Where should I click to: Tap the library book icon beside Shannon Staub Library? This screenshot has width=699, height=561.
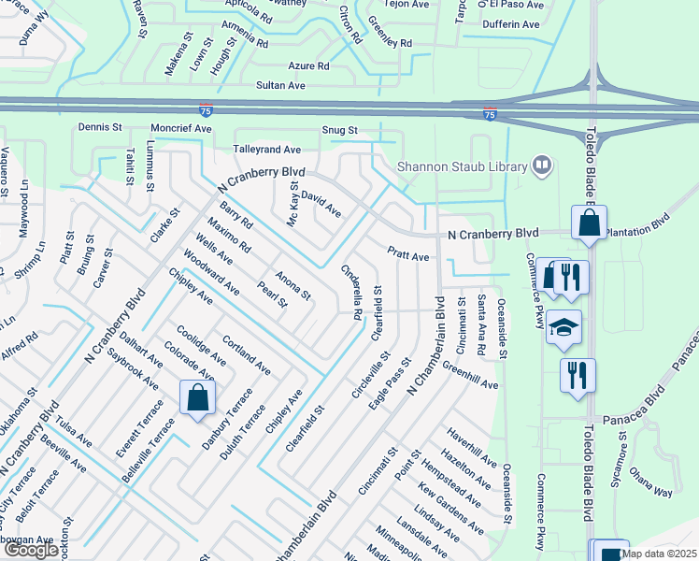pyautogui.click(x=542, y=165)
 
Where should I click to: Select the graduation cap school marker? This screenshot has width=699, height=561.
pyautogui.click(x=563, y=328)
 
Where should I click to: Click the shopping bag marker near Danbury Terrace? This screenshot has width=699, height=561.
pyautogui.click(x=199, y=398)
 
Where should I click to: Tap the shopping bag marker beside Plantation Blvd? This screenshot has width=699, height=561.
pyautogui.click(x=589, y=224)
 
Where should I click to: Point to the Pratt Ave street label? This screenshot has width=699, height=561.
pyautogui.click(x=408, y=255)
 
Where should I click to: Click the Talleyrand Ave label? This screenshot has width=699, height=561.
pyautogui.click(x=267, y=149)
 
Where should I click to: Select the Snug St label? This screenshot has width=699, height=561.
pyautogui.click(x=339, y=130)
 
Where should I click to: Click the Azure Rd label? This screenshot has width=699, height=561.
pyautogui.click(x=308, y=66)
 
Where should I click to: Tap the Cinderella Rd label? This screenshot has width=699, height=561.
pyautogui.click(x=351, y=291)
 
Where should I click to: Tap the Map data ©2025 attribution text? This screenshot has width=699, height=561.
pyautogui.click(x=658, y=554)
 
